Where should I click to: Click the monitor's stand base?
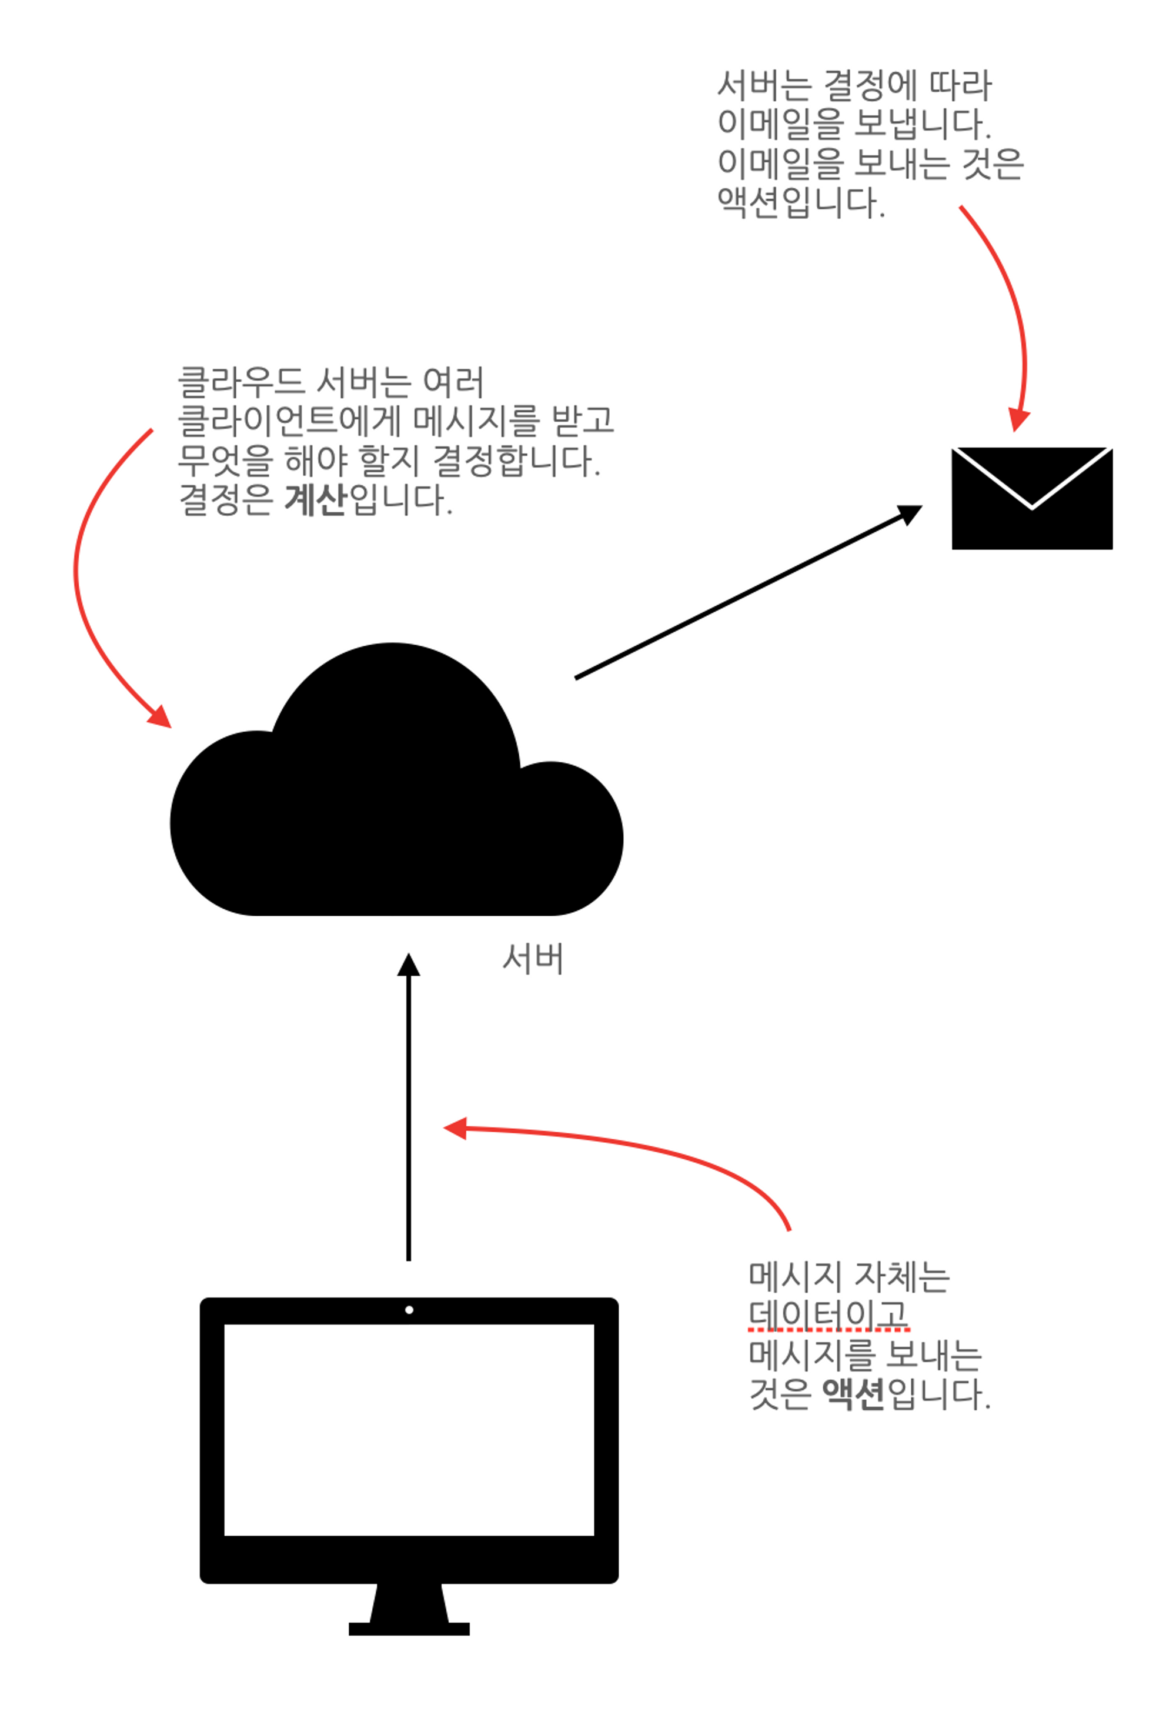click(409, 1629)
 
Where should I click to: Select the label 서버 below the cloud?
click(532, 959)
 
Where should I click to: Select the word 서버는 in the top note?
click(763, 85)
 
